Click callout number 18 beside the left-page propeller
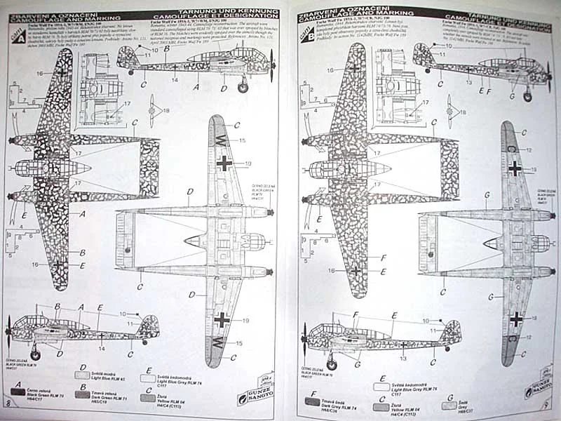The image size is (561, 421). pyautogui.click(x=166, y=110)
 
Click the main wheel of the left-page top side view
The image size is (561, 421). pyautogui.click(x=243, y=88)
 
